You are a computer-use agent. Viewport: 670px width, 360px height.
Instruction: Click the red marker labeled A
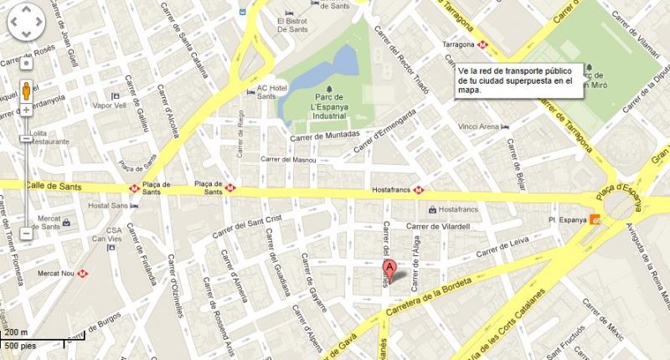pos(389,270)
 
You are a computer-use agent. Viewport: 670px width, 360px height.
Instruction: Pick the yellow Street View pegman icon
pos(27,90)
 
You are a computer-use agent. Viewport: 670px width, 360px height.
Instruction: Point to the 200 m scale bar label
pos(15,332)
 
